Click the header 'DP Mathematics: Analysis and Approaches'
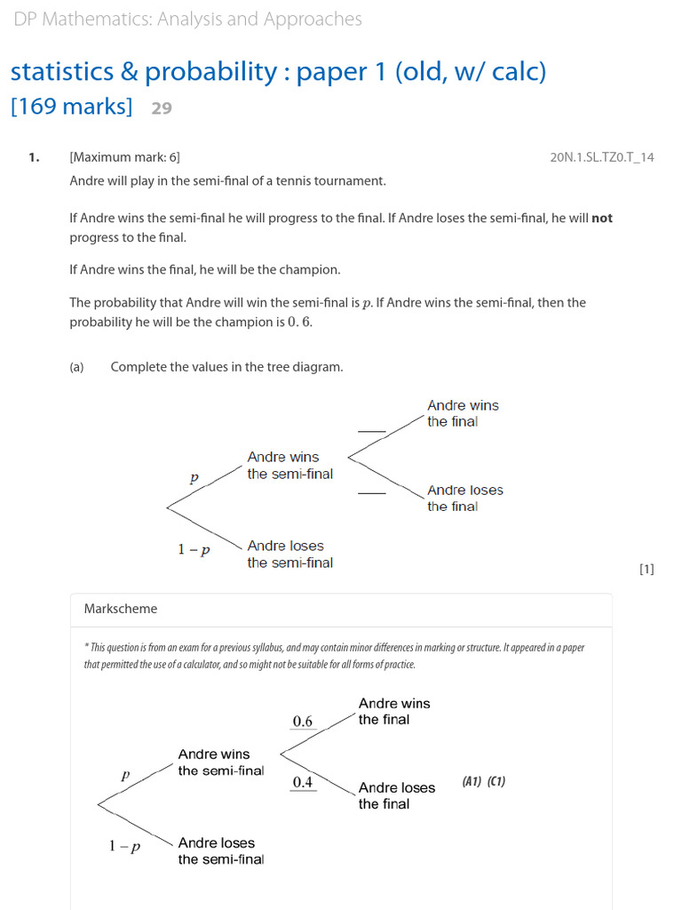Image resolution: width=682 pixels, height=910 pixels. [188, 20]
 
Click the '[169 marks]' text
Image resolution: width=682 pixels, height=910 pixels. [71, 108]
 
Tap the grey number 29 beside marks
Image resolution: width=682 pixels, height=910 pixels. [162, 108]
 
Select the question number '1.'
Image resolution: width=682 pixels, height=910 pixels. [34, 157]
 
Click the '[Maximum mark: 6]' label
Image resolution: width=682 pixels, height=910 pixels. [124, 157]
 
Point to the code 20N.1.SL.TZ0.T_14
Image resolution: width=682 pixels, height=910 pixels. [602, 157]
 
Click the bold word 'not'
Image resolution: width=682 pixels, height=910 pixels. [602, 218]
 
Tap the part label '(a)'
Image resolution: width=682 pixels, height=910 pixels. [76, 367]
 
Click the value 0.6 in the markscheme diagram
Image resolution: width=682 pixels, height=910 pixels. [303, 721]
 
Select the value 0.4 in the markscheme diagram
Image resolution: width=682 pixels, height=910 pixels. [303, 782]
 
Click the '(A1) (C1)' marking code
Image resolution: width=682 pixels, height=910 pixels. [484, 782]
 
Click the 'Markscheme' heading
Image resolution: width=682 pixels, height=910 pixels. [121, 609]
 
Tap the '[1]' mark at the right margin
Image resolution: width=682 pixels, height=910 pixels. [646, 570]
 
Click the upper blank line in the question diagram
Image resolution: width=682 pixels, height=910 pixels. [371, 431]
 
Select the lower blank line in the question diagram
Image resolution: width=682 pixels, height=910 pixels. [371, 492]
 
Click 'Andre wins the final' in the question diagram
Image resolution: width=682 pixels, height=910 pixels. [463, 413]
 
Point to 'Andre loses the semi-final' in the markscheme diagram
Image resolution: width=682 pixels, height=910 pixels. [220, 850]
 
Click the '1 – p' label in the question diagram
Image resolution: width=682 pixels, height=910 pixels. [194, 549]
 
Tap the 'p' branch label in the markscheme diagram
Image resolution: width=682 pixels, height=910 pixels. [125, 775]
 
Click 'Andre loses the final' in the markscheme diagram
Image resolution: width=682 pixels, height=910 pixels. [396, 795]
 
